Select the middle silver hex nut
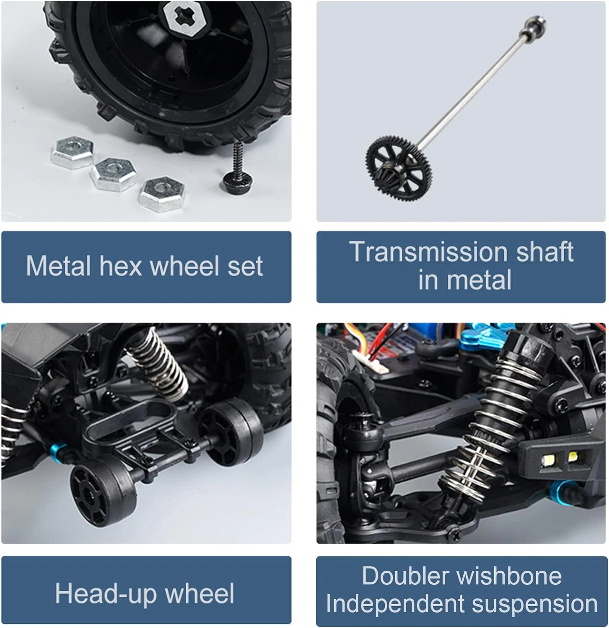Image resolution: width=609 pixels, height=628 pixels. pos(114,174)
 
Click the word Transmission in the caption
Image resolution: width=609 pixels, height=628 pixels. pos(428,252)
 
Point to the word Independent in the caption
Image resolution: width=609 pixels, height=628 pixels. pos(396,605)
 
